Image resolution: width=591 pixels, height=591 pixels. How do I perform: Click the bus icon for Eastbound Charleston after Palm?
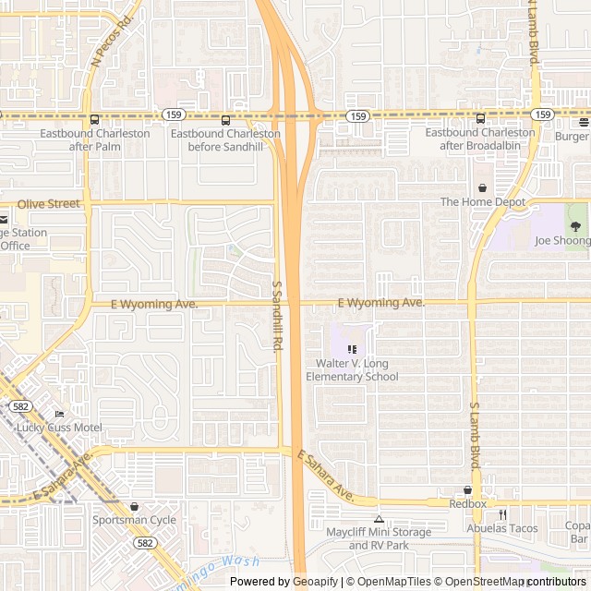94,119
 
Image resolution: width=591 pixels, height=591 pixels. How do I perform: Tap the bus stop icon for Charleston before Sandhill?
225,119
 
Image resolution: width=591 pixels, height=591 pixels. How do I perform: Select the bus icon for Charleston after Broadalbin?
480,118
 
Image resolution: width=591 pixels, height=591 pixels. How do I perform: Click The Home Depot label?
482,202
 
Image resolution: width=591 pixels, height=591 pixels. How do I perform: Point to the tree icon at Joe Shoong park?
576,226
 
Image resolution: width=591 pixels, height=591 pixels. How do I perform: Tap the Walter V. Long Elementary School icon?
352,349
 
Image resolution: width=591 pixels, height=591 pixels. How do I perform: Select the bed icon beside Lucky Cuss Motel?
59,414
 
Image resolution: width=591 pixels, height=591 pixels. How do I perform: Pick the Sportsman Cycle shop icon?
134,506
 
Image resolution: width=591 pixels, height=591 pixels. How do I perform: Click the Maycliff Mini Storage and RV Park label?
379,538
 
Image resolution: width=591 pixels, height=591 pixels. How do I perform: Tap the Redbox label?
467,504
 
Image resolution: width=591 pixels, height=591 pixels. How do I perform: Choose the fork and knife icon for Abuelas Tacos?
502,514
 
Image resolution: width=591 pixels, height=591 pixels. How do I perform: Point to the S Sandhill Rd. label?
276,316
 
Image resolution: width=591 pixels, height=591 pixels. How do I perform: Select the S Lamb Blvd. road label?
475,435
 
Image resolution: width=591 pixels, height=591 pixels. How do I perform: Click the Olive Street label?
49,203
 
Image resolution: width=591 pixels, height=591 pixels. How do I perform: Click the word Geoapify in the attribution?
316,582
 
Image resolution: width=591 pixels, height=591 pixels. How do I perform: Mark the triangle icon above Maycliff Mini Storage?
379,519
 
